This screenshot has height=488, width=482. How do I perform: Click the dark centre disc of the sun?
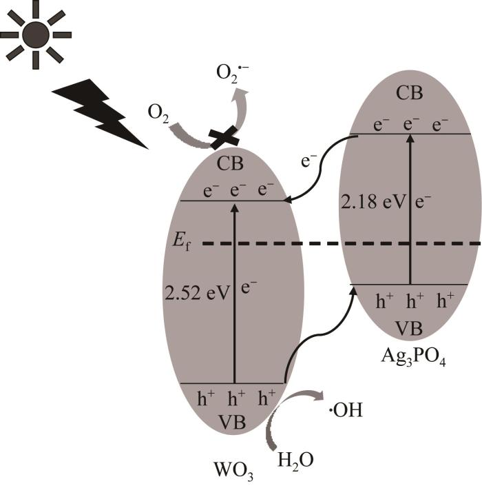[35, 34]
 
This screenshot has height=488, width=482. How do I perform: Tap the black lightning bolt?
[100, 114]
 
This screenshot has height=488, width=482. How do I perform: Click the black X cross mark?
[224, 138]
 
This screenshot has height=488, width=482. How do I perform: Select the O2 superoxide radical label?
[232, 74]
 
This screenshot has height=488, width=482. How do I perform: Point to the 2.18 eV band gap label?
[374, 202]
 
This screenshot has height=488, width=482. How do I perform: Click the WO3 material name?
[233, 471]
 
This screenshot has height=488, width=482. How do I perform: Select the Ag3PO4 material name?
[413, 356]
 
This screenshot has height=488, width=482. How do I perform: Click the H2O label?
[295, 460]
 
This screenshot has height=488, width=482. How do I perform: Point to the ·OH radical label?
[346, 410]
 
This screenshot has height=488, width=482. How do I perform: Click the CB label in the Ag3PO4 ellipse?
[409, 93]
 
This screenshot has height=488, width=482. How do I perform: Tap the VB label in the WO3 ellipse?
[232, 422]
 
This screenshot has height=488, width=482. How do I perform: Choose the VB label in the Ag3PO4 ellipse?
[408, 327]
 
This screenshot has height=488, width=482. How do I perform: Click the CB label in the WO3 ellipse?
[230, 163]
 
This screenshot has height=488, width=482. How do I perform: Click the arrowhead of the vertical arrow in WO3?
[235, 208]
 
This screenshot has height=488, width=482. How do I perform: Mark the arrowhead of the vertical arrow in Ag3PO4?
[410, 139]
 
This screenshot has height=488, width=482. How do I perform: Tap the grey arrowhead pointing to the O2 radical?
[242, 93]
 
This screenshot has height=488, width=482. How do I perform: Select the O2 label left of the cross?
[158, 114]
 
